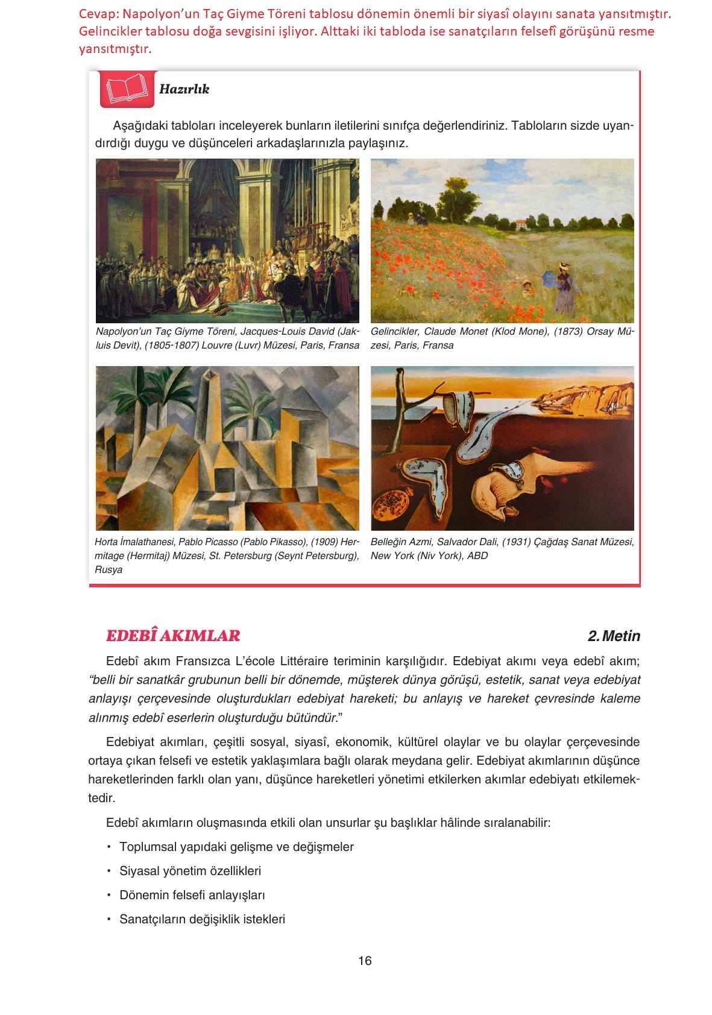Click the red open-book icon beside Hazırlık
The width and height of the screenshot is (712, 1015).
127,89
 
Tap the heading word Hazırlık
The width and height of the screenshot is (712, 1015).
184,89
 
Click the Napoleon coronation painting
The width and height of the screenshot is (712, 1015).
227,240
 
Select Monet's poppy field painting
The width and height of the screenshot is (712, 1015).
502,240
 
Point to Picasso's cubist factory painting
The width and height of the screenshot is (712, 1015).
227,448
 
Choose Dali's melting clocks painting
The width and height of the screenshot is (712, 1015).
502,448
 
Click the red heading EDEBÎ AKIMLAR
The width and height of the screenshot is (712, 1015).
173,636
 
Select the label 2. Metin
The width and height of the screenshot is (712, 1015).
614,636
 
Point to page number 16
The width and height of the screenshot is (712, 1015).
365,961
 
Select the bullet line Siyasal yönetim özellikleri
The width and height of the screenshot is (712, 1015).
190,871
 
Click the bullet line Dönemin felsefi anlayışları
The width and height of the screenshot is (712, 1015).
192,895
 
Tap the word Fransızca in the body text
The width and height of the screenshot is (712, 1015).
203,661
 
